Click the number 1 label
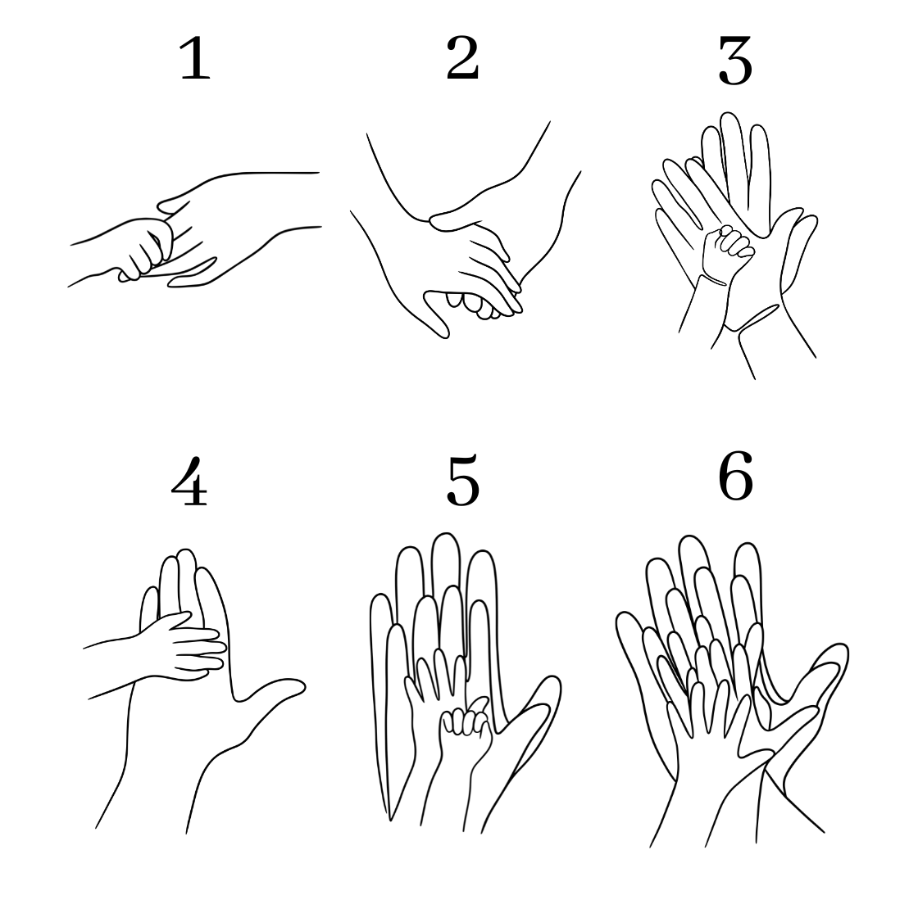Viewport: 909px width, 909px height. point(195,58)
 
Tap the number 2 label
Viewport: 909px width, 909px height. point(463,58)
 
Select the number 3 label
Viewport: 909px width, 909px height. point(735,60)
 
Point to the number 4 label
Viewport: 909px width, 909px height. point(189,481)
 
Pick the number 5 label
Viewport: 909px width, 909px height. point(463,481)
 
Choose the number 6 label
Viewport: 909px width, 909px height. point(735,477)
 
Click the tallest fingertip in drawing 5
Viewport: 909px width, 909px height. point(445,535)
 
